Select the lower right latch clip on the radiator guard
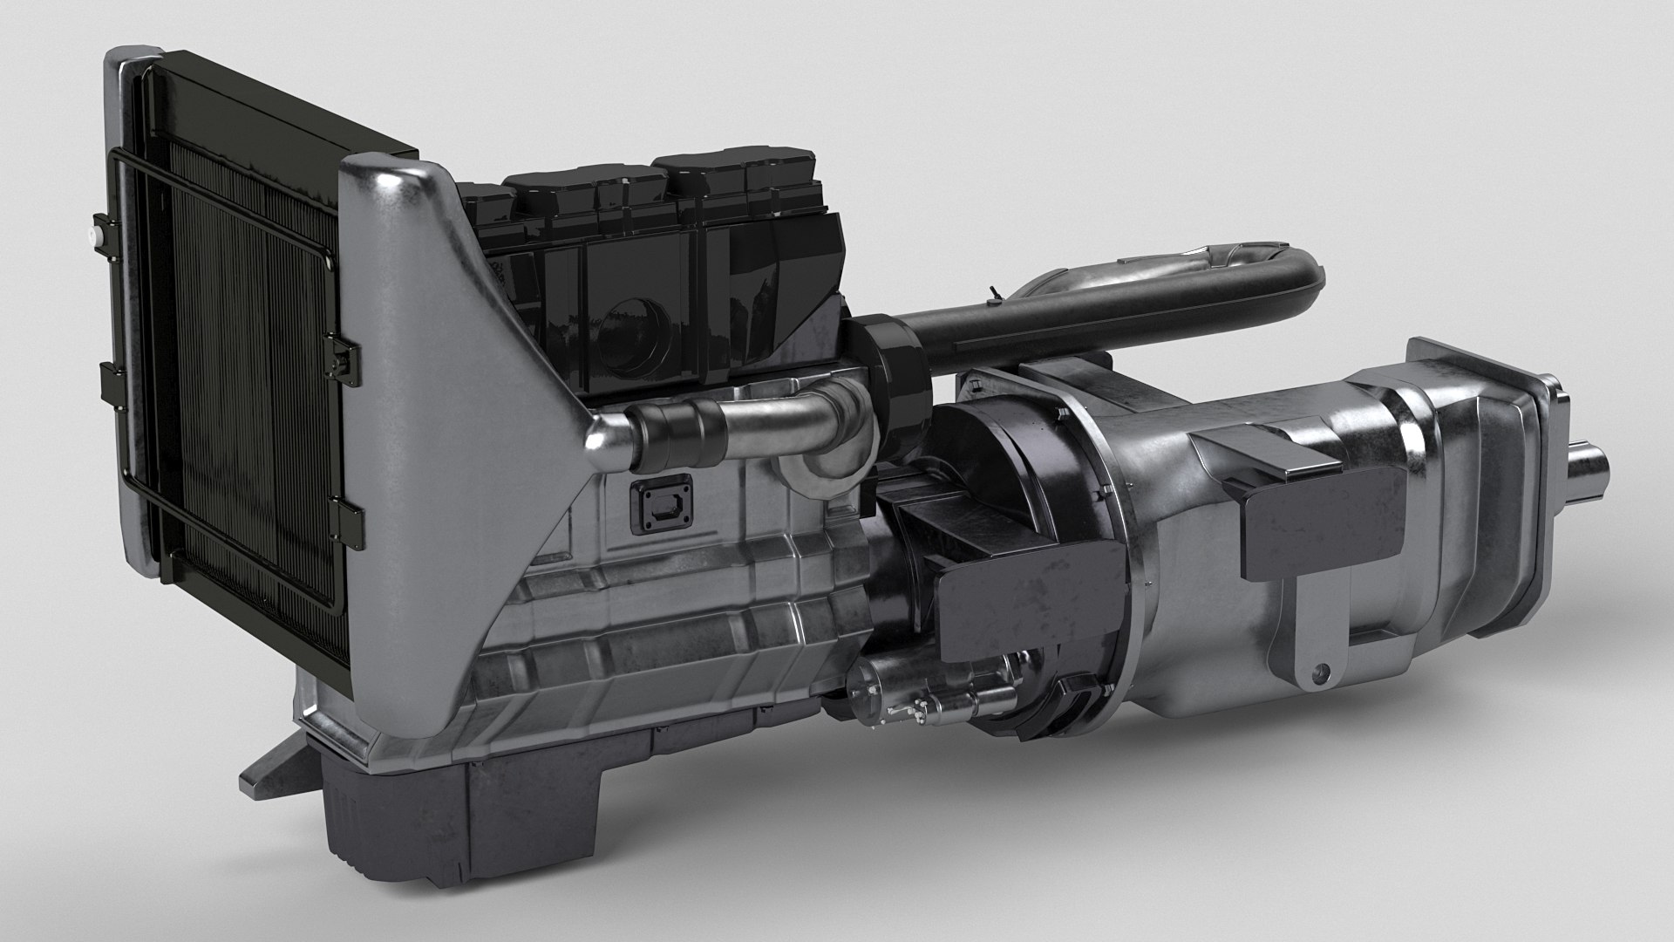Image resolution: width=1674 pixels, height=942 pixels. [346, 514]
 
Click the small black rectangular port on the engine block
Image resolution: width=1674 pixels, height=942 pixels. [660, 504]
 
